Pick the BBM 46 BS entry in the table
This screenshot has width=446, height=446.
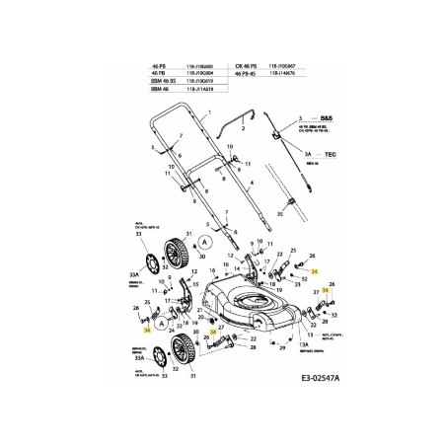(162, 80)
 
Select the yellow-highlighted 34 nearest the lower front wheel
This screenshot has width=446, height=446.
(212, 332)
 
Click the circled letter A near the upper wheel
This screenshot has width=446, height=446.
(204, 240)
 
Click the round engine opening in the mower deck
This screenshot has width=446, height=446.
(251, 303)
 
